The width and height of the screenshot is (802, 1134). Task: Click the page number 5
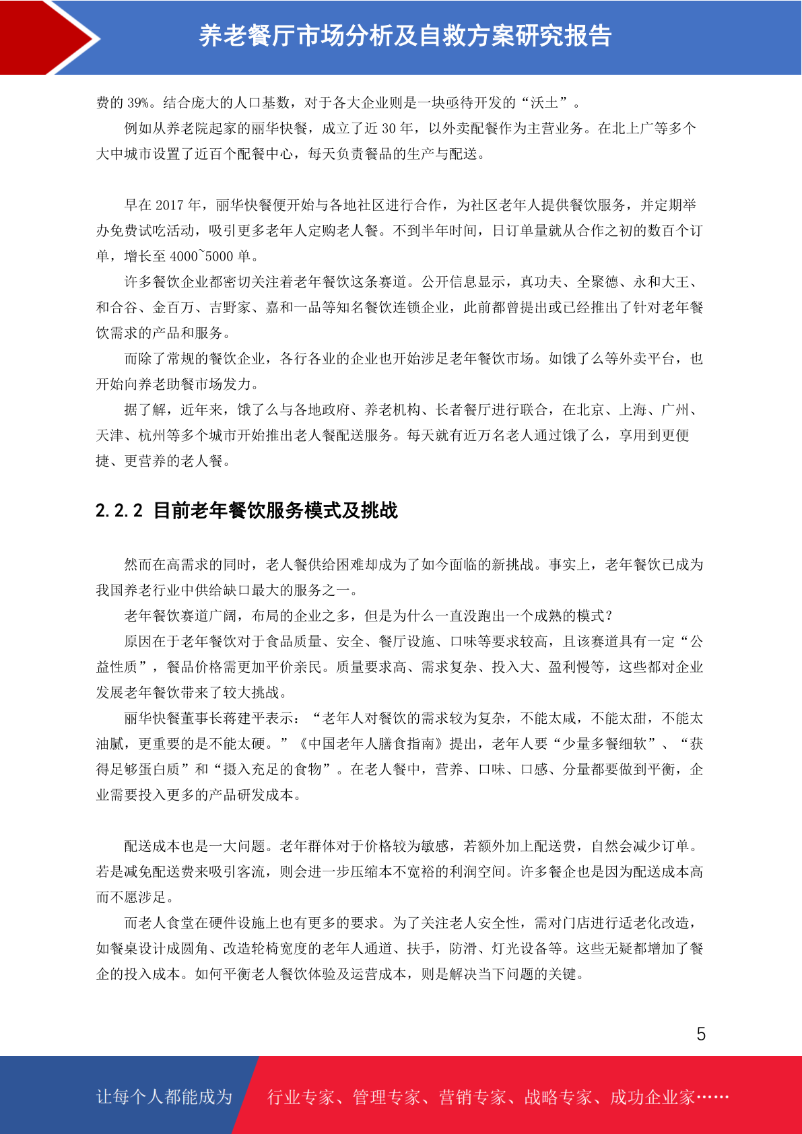click(701, 1034)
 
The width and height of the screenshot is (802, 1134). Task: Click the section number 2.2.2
click(119, 510)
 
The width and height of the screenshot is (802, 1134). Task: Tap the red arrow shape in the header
click(47, 37)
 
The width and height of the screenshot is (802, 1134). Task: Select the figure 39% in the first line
click(138, 103)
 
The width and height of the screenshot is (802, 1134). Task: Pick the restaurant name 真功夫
click(541, 282)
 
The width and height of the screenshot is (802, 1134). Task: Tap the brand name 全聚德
click(598, 282)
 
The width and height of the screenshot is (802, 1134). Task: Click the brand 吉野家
click(230, 308)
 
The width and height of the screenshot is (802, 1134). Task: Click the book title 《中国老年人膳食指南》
click(372, 744)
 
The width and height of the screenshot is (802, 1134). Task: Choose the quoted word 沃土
click(544, 103)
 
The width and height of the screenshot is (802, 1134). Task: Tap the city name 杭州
click(152, 436)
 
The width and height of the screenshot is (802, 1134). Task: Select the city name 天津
click(110, 436)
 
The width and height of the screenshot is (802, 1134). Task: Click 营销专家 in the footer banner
click(472, 1097)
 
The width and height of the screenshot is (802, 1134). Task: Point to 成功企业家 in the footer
click(653, 1097)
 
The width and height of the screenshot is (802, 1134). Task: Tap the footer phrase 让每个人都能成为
click(164, 1097)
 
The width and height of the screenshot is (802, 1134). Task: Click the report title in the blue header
click(405, 36)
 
